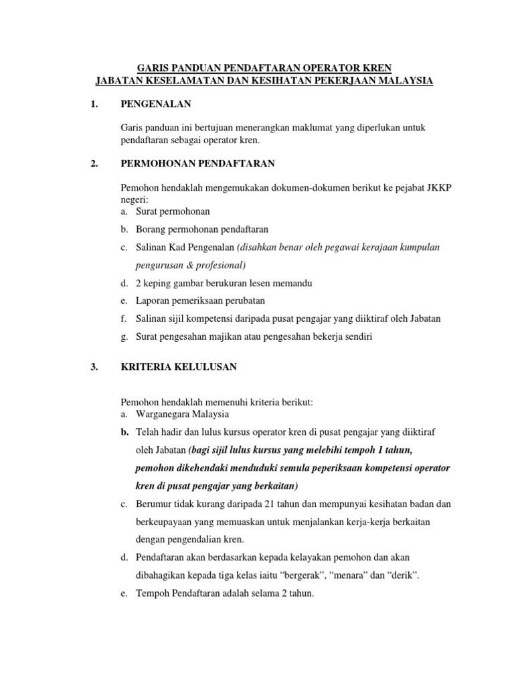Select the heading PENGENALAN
[x=156, y=104]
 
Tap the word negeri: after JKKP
[x=134, y=199]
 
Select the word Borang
[x=151, y=229]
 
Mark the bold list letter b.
[x=124, y=433]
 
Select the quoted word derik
[x=413, y=575]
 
